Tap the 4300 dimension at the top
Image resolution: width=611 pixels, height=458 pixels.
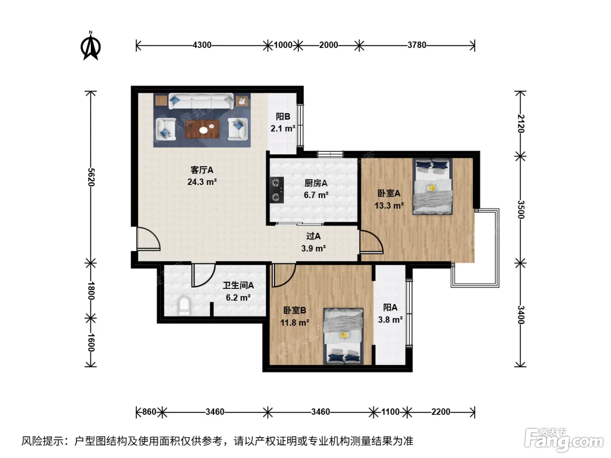click(x=202, y=45)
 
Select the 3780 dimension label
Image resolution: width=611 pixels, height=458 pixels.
click(x=416, y=45)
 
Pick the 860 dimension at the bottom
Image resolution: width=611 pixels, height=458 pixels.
click(x=149, y=412)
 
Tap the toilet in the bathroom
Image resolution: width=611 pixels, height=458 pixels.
click(x=184, y=306)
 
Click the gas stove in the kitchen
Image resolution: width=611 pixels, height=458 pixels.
click(x=277, y=190)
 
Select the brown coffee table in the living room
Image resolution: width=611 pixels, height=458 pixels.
click(x=203, y=129)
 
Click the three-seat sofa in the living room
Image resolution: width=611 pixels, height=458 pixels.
click(x=201, y=101)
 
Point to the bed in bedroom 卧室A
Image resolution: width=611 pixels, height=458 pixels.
click(x=433, y=186)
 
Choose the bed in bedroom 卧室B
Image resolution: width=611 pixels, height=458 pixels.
click(x=343, y=336)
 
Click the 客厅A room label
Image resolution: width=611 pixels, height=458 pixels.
click(x=202, y=170)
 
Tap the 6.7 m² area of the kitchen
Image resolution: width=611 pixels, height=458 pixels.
click(x=316, y=195)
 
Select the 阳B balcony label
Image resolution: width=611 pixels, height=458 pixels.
click(x=283, y=116)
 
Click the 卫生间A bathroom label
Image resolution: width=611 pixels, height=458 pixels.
click(x=238, y=285)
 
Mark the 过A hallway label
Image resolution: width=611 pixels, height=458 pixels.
click(x=313, y=236)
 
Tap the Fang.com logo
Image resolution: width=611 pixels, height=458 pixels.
click(x=564, y=440)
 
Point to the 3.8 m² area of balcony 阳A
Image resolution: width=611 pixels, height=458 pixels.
click(x=390, y=320)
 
